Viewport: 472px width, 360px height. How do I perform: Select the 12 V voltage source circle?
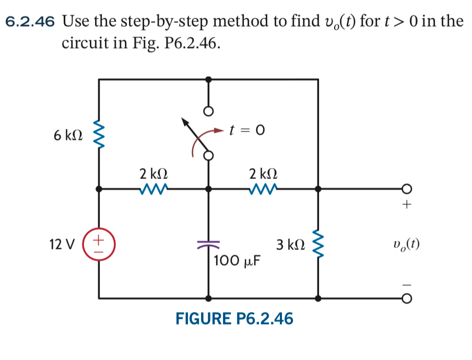pyautogui.click(x=99, y=244)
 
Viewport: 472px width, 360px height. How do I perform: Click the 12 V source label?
pyautogui.click(x=62, y=244)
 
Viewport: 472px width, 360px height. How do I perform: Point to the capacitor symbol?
pyautogui.click(x=208, y=244)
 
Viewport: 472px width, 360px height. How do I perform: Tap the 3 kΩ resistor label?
pyautogui.click(x=289, y=244)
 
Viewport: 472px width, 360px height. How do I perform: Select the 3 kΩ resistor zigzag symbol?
pyautogui.click(x=317, y=244)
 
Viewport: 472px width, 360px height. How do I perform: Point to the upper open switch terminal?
pyautogui.click(x=208, y=112)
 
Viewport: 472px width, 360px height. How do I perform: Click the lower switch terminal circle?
pyautogui.click(x=208, y=156)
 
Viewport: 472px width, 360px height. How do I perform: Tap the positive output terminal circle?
pyautogui.click(x=407, y=189)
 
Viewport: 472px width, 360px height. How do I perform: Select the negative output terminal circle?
pyautogui.click(x=407, y=299)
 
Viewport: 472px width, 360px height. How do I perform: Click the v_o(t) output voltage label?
pyautogui.click(x=408, y=244)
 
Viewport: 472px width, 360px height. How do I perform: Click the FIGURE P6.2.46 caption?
pyautogui.click(x=234, y=319)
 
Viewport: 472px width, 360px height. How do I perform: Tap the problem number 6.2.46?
pyautogui.click(x=31, y=21)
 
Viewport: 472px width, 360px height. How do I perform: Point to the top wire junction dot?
pyautogui.click(x=208, y=79)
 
